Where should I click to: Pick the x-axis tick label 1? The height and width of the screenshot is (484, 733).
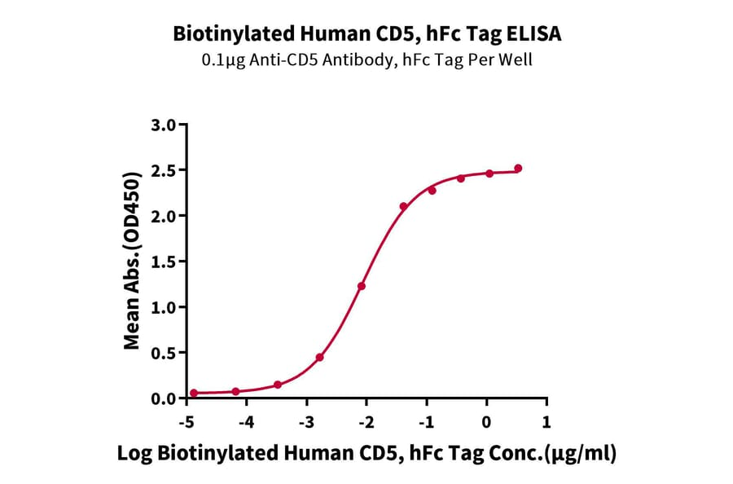[x=546, y=424]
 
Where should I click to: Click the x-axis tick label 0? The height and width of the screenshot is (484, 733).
[x=487, y=424]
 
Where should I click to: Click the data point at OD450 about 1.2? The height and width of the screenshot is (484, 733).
[x=362, y=286]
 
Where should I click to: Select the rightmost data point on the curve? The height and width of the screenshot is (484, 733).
[x=518, y=169]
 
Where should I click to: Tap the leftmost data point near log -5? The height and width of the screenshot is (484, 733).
[x=194, y=393]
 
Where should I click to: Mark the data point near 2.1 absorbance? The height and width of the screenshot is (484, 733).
[x=404, y=207]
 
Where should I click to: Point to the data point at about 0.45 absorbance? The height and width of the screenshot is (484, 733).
[x=320, y=358]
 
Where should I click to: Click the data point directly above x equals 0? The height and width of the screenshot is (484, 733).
[x=489, y=174]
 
